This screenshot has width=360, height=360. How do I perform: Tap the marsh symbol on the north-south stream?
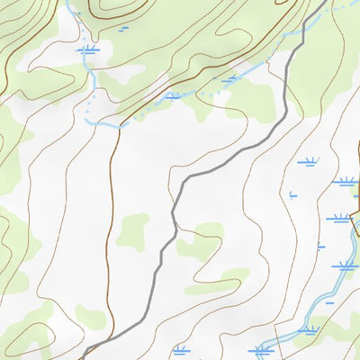pyautogui.click(x=87, y=50)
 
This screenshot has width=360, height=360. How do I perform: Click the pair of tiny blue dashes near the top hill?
pyautogui.click(x=123, y=29)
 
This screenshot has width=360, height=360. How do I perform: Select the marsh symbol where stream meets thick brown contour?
pyautogui.click(x=173, y=95)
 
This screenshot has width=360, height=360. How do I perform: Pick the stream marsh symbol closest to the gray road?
pyautogui.click(x=230, y=79)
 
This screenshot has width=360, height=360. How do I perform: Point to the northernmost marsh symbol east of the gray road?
pyautogui.click(x=310, y=163)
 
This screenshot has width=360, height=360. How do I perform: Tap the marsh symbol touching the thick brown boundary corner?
pyautogui.click(x=346, y=181)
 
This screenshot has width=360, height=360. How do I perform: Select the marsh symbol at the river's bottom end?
pyautogui.click(x=262, y=349)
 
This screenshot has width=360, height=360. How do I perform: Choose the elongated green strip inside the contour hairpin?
pyautogui.click(x=220, y=281)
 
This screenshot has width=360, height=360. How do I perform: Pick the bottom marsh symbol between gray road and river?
pyautogui.click(x=180, y=349)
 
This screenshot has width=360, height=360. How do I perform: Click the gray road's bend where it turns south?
pyautogui.click(x=180, y=184)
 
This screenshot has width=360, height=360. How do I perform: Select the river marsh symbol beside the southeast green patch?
pyautogui.click(x=309, y=330)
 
